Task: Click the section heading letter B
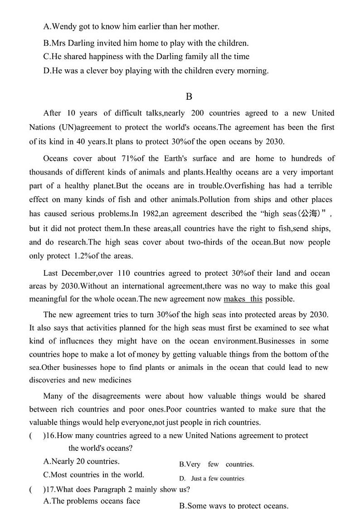coord(189,96)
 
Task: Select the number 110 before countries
coord(124,273)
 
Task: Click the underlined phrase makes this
coord(243,299)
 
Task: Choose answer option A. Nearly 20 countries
coord(81,461)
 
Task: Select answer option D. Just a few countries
coord(212,478)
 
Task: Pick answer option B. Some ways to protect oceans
coord(234,505)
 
